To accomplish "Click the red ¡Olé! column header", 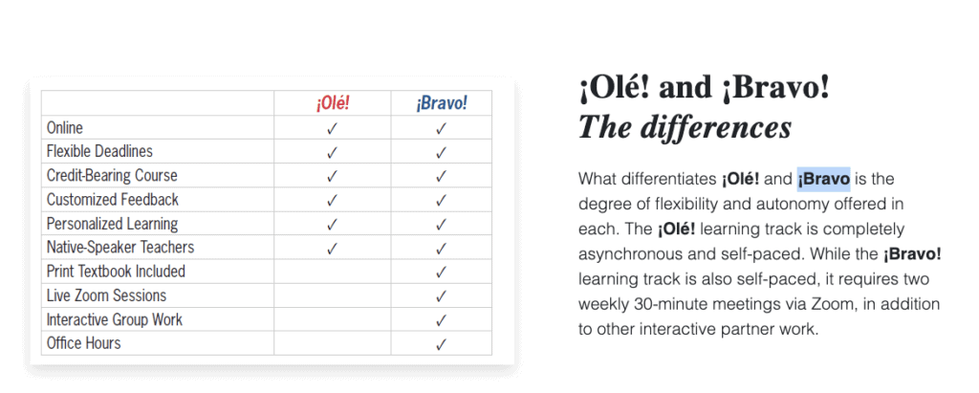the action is pyautogui.click(x=332, y=103).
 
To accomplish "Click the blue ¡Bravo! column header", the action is pyautogui.click(x=442, y=103).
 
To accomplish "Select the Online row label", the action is pyautogui.click(x=65, y=127).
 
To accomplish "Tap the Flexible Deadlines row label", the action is pyautogui.click(x=99, y=151).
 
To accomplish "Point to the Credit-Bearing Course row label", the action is pyautogui.click(x=112, y=176).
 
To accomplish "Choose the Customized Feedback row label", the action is pyautogui.click(x=113, y=199).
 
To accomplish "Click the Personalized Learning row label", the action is pyautogui.click(x=113, y=223).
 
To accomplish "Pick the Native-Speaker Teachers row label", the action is pyautogui.click(x=120, y=247).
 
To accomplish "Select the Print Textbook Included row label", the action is pyautogui.click(x=116, y=272).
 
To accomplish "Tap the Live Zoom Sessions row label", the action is pyautogui.click(x=107, y=295).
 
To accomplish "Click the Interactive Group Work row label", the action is pyautogui.click(x=115, y=319).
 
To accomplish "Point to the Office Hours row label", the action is pyautogui.click(x=84, y=343).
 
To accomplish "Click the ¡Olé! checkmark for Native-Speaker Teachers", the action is pyautogui.click(x=332, y=248).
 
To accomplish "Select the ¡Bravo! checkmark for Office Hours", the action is pyautogui.click(x=442, y=343).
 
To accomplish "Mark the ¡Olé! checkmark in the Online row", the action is pyautogui.click(x=332, y=128).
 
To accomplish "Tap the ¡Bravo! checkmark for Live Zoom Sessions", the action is pyautogui.click(x=442, y=295).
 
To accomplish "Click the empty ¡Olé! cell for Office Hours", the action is pyautogui.click(x=332, y=343).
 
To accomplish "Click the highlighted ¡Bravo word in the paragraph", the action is pyautogui.click(x=823, y=180).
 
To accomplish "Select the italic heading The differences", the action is pyautogui.click(x=685, y=127).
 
